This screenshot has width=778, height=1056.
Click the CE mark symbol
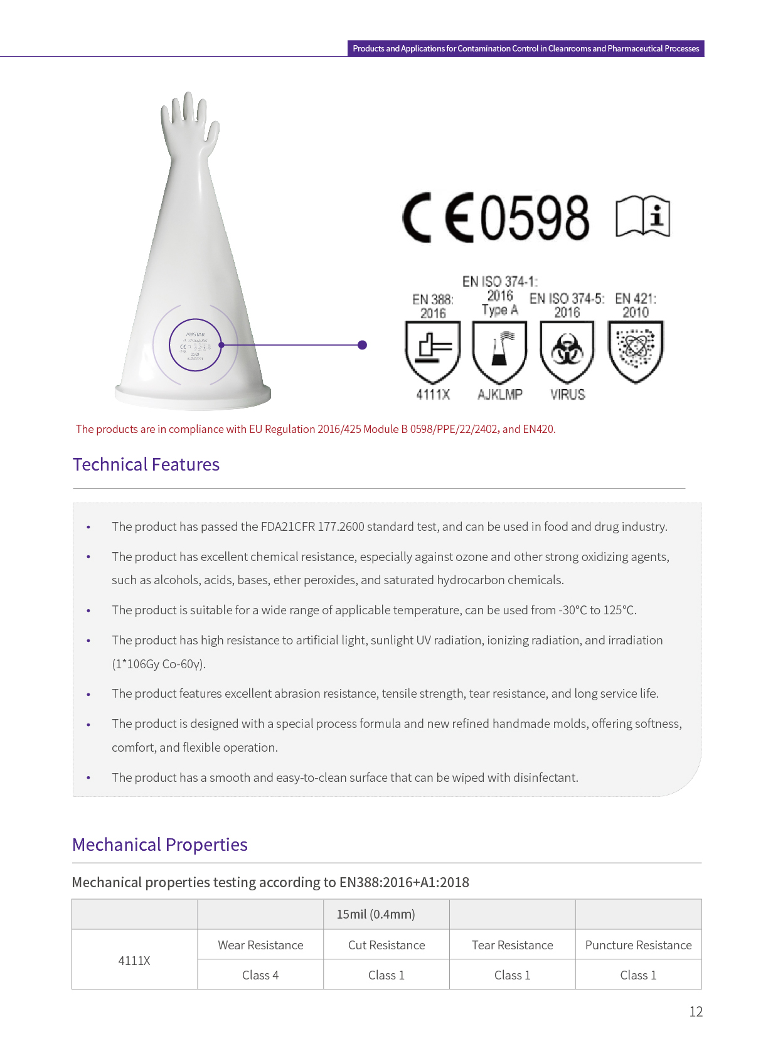click(438, 218)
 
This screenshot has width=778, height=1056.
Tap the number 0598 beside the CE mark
click(535, 218)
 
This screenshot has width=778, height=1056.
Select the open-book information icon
click(642, 217)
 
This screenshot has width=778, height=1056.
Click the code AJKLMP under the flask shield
click(500, 395)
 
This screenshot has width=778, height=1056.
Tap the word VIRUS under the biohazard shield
click(568, 395)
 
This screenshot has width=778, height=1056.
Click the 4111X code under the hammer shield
click(433, 395)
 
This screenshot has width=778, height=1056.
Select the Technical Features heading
click(146, 464)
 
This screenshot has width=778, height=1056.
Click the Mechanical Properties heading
click(160, 845)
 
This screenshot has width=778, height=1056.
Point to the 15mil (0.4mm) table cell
click(376, 914)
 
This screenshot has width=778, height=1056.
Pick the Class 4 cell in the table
click(260, 975)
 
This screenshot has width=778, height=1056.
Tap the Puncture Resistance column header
click(638, 945)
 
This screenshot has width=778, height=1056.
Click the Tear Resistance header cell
click(512, 945)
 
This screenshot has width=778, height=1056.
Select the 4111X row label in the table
click(134, 961)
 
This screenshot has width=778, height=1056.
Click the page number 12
click(696, 1011)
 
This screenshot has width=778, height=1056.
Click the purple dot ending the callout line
click(362, 345)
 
